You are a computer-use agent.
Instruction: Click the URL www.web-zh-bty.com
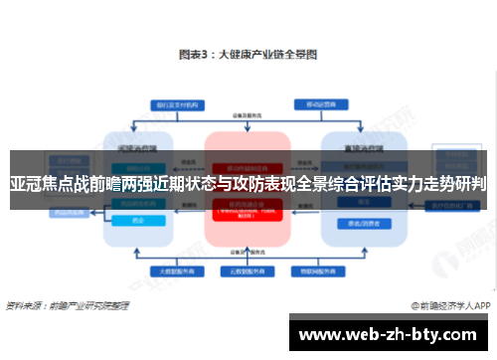pos(390,332)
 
